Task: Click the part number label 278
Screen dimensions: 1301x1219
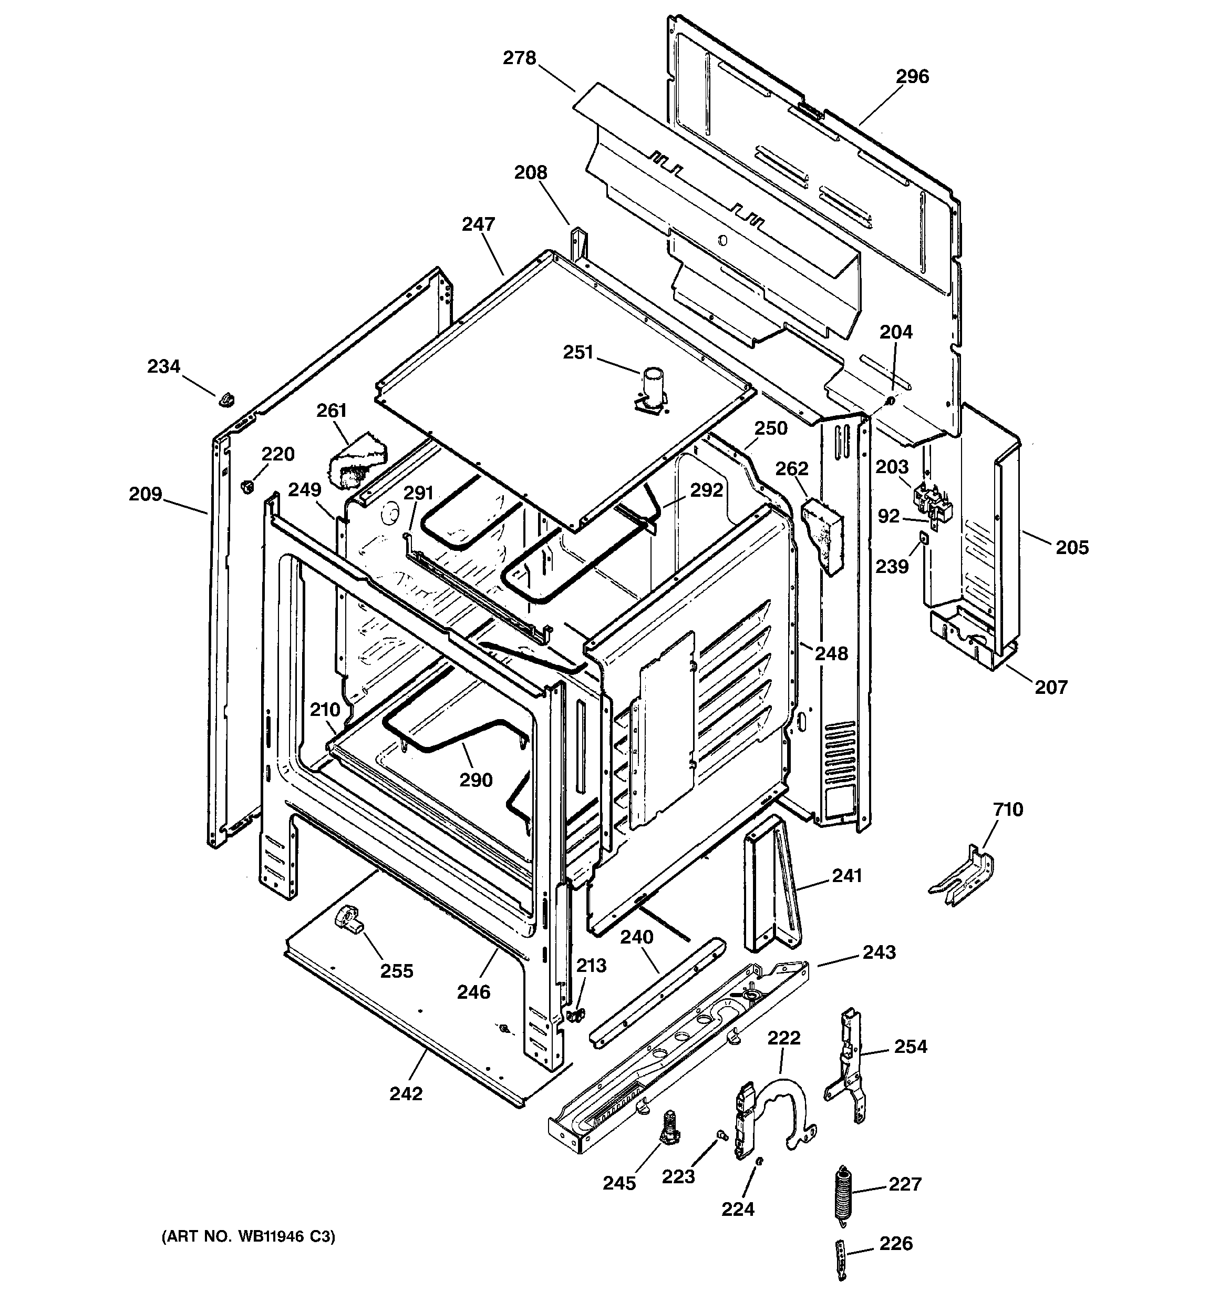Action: tap(519, 59)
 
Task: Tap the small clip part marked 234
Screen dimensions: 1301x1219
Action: tap(226, 398)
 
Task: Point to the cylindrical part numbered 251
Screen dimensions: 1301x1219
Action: tap(652, 385)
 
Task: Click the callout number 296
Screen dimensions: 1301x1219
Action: tap(912, 77)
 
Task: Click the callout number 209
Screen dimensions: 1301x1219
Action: tap(144, 494)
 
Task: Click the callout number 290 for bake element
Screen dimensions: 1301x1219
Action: tap(476, 780)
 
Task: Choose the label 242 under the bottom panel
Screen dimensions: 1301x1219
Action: tap(406, 1093)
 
